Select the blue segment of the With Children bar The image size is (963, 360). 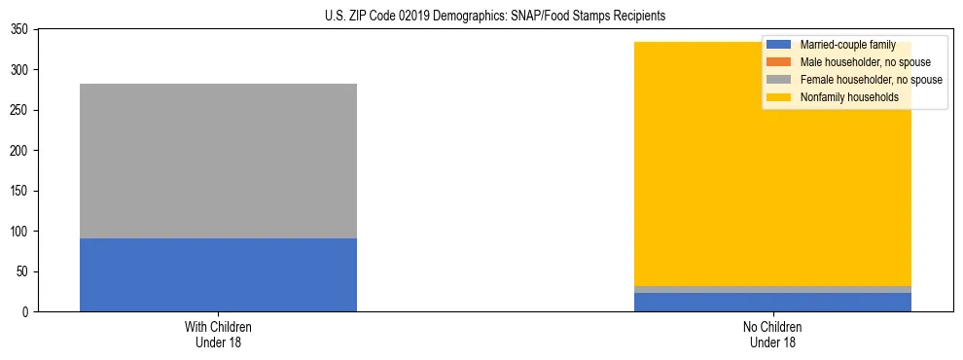[218, 274]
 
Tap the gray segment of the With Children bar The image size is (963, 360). [218, 161]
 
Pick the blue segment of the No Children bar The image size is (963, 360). [773, 303]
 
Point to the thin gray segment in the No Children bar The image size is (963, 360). [773, 289]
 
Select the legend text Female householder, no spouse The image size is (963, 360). [871, 80]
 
